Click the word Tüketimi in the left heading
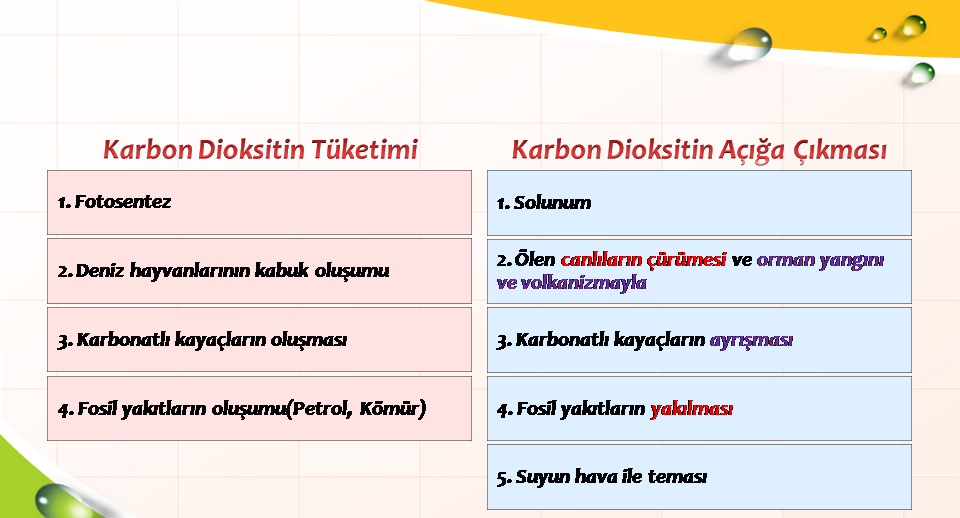coord(364,149)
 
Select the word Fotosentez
coord(122,202)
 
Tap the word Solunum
coord(552,203)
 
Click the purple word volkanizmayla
coord(583,283)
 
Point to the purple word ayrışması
coord(751,340)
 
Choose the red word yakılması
coord(691,408)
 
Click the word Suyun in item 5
coord(536,477)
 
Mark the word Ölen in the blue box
coord(534,260)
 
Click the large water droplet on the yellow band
coord(748,45)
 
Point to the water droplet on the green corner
coord(58,500)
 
